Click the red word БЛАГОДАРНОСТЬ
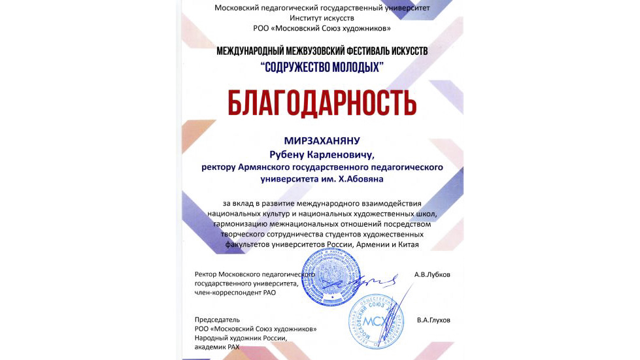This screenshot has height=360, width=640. click(x=321, y=103)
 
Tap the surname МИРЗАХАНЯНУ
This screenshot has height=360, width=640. click(x=321, y=140)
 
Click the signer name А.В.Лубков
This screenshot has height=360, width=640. click(x=432, y=274)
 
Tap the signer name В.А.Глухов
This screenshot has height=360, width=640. click(x=433, y=320)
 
